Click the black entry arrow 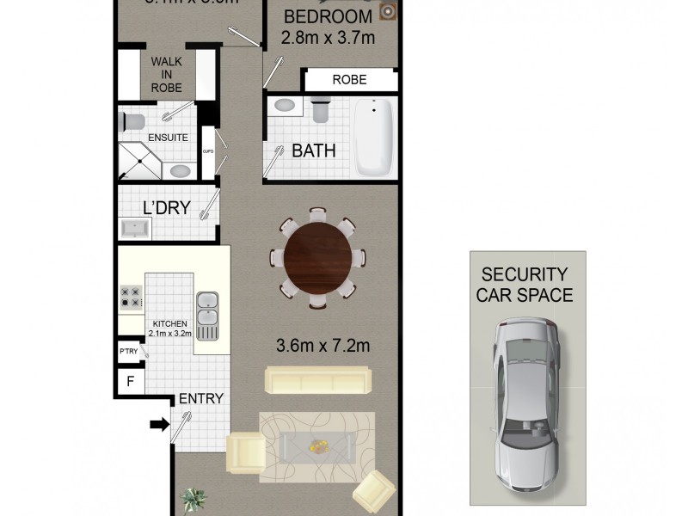point(160,423)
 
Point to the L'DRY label point(166,207)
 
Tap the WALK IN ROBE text point(167,75)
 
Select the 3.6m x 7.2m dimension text point(322,347)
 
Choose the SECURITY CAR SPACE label point(525,286)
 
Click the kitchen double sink point(207,310)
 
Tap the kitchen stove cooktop point(131,297)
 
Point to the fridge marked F point(130,381)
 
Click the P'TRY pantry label point(129,351)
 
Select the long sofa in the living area point(318,380)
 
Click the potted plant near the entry point(194,499)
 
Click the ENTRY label point(200,399)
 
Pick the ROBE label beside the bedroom point(349,80)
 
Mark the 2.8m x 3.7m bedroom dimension point(328,37)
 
